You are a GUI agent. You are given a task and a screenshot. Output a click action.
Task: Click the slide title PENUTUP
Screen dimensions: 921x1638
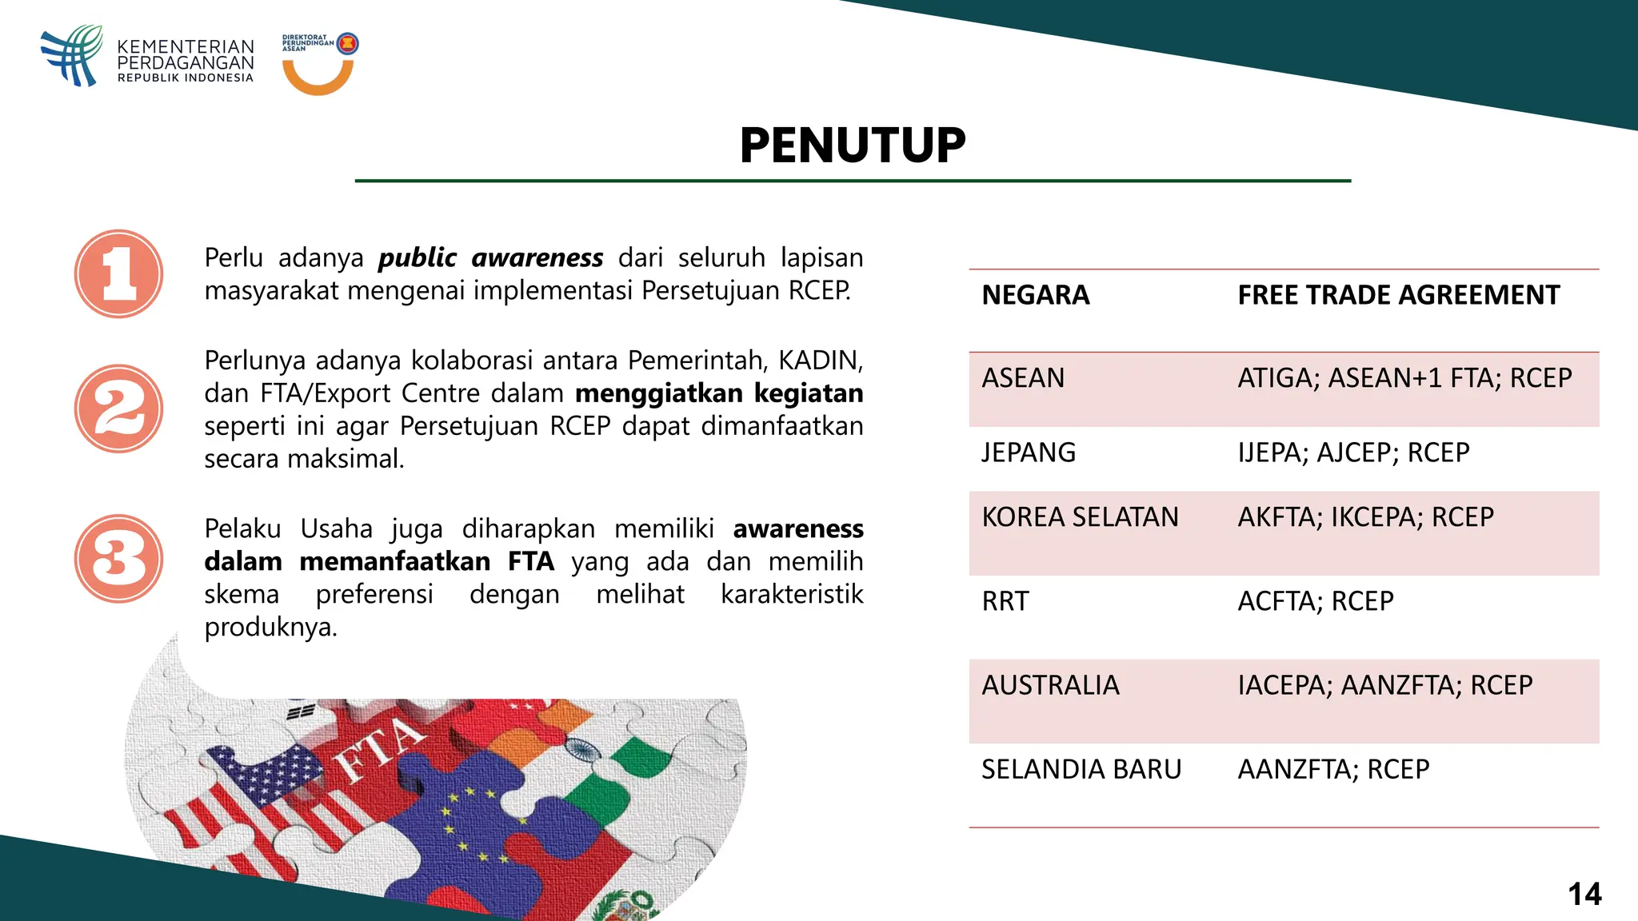[x=853, y=146]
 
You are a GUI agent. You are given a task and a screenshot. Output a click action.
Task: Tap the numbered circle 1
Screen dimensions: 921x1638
[x=119, y=274]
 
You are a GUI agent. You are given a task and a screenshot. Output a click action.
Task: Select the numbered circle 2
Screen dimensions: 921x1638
[x=119, y=409]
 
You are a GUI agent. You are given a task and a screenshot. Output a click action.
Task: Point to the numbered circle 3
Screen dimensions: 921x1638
[x=119, y=558]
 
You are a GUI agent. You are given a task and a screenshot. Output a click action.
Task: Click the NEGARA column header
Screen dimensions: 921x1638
[x=1035, y=295]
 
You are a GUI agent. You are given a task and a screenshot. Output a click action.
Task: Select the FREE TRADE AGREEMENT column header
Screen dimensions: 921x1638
[x=1398, y=295]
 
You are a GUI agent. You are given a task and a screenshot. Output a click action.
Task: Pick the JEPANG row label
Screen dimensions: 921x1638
[x=1029, y=453]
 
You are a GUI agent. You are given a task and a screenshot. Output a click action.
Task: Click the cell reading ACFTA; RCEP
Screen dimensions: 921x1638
[x=1315, y=601]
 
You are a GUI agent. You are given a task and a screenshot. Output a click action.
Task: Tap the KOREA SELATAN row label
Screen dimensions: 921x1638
[x=1080, y=517]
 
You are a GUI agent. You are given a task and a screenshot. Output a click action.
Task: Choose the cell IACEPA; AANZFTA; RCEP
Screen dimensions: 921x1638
[x=1384, y=685]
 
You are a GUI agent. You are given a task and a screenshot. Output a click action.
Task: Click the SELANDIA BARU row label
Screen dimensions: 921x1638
[x=1081, y=769]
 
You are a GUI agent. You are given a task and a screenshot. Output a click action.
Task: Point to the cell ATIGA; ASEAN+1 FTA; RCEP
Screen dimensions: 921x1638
[x=1404, y=377]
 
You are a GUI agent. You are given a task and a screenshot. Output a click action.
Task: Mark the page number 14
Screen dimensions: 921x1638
[x=1584, y=894]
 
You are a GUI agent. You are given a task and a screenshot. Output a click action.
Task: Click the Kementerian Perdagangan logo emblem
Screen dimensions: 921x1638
[x=73, y=55]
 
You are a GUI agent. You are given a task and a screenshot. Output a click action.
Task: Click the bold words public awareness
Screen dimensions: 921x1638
[x=490, y=258]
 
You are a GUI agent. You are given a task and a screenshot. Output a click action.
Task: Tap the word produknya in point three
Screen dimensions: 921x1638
[x=270, y=628]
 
